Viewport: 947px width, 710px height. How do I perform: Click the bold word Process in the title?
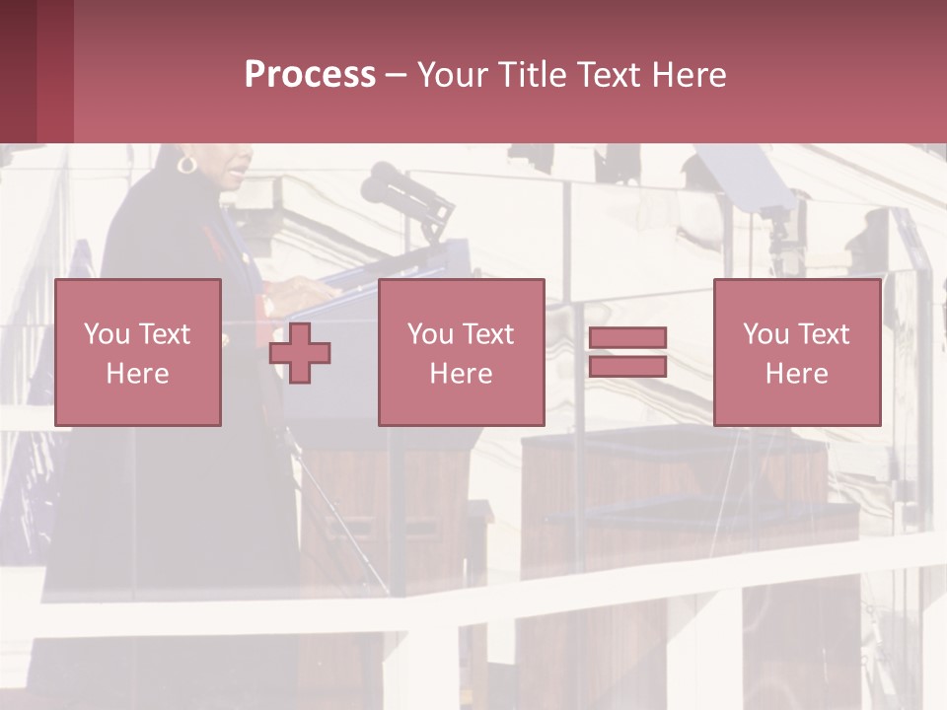click(x=310, y=75)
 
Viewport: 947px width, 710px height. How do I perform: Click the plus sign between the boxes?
click(x=300, y=352)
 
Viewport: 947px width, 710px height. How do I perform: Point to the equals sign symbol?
click(x=627, y=352)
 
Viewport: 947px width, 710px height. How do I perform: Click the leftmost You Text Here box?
click(x=138, y=352)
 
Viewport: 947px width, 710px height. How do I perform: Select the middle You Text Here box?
click(x=461, y=352)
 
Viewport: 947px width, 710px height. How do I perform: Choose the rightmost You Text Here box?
click(x=796, y=352)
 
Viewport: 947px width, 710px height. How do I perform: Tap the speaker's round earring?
click(x=186, y=164)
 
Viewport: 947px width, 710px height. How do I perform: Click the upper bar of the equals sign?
click(x=627, y=338)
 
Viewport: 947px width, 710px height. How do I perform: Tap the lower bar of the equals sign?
click(x=627, y=366)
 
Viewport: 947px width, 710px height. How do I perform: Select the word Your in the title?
click(x=453, y=75)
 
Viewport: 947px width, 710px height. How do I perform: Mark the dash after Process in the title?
click(x=396, y=75)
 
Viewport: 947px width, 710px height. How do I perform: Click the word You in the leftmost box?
click(x=106, y=334)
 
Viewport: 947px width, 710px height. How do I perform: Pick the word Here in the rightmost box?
click(x=796, y=374)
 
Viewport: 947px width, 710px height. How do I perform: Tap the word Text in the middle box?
click(x=487, y=334)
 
